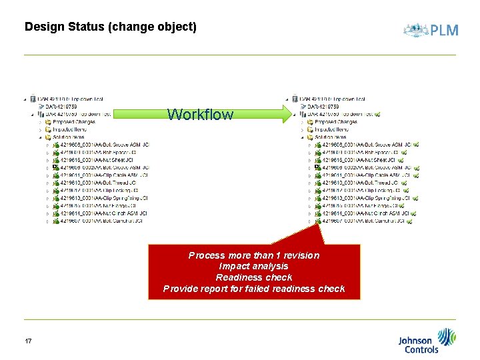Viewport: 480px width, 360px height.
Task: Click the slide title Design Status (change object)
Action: coord(110,27)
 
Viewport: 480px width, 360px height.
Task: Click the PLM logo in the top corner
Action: coord(431,30)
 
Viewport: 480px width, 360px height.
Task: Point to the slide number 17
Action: coord(28,341)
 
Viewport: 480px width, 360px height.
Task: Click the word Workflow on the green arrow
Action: coord(200,115)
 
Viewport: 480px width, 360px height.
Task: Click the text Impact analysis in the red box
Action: coord(254,267)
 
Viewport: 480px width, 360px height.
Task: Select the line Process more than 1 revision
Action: coord(254,255)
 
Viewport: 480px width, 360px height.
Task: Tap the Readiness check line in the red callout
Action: coord(254,277)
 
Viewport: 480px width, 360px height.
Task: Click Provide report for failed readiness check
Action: coord(254,289)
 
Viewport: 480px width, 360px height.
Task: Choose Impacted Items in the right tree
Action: coord(331,129)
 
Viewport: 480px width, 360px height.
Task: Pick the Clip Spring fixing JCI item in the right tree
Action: coord(366,198)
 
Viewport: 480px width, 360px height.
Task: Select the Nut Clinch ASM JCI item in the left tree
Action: coord(100,213)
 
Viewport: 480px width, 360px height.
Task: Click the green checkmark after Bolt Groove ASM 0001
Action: coord(417,145)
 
